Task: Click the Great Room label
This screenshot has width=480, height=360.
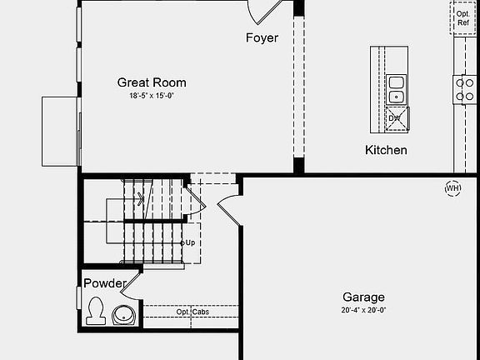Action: (152, 82)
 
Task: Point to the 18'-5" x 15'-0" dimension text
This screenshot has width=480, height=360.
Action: (152, 96)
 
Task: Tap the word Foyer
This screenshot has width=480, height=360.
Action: (262, 37)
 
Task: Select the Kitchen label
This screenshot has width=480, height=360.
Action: (386, 150)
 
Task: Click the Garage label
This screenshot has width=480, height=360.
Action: (363, 297)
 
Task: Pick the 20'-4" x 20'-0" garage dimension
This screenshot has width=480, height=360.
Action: (363, 310)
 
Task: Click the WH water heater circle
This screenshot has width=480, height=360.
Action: (452, 188)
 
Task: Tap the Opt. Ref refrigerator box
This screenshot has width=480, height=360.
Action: (462, 18)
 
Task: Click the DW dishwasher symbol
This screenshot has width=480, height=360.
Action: (397, 118)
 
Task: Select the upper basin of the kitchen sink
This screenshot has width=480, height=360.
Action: (397, 82)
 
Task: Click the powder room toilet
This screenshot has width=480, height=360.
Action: (96, 311)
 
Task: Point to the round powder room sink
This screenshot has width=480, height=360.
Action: (123, 315)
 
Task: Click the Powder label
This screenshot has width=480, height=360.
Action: (105, 283)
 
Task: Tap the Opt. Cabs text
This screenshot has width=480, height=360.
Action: (192, 312)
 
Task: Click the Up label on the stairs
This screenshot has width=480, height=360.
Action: (190, 242)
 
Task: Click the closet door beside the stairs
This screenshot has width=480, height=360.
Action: (196, 201)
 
